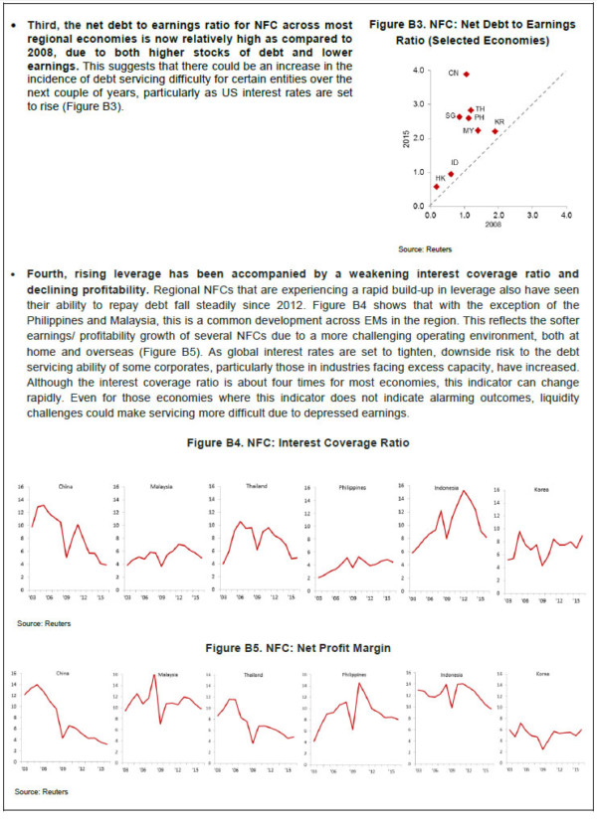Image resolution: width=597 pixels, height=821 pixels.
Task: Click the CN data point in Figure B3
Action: pos(466,74)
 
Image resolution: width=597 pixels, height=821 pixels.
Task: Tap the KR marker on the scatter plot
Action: pos(495,130)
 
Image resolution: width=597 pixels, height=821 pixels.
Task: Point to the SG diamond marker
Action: pos(460,116)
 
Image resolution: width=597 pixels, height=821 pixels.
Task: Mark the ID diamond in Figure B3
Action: pos(451,173)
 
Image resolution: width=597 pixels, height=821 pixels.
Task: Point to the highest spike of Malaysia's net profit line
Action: pos(155,676)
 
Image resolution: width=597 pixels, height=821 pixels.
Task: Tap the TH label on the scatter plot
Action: pos(480,108)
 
